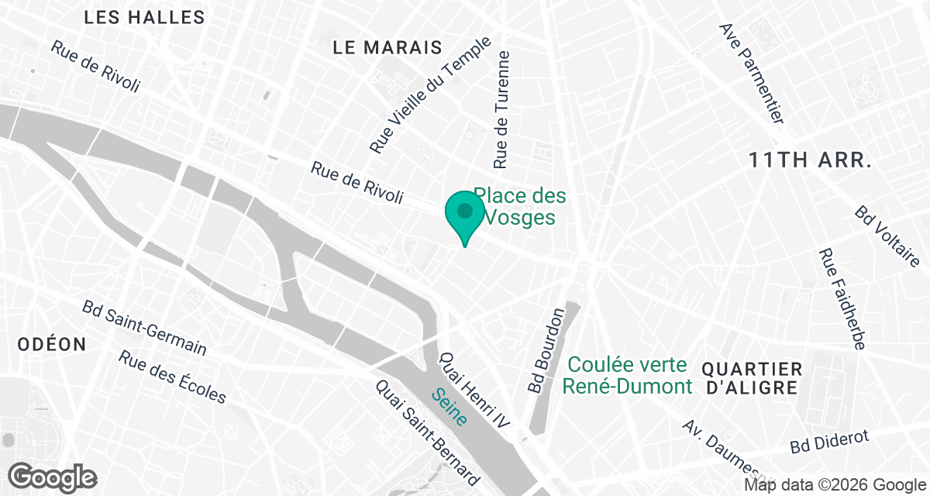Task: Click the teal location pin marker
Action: [464, 214]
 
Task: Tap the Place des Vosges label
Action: [520, 207]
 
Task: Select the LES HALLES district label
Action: [144, 17]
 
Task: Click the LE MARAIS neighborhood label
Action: [387, 48]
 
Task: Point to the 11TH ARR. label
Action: [811, 161]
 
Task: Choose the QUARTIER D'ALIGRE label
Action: [751, 378]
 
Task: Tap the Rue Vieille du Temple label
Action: [430, 95]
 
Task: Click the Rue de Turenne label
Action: [502, 110]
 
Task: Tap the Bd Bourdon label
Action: [546, 350]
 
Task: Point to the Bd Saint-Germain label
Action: [145, 327]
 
